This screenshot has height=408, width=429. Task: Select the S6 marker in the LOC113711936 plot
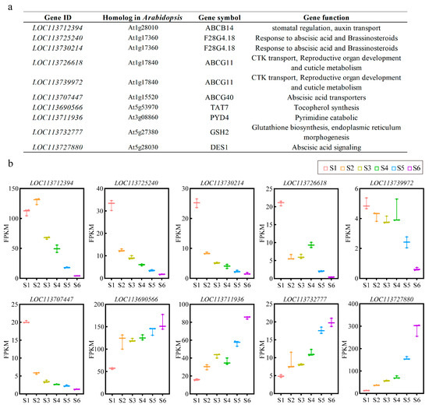tap(247, 318)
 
